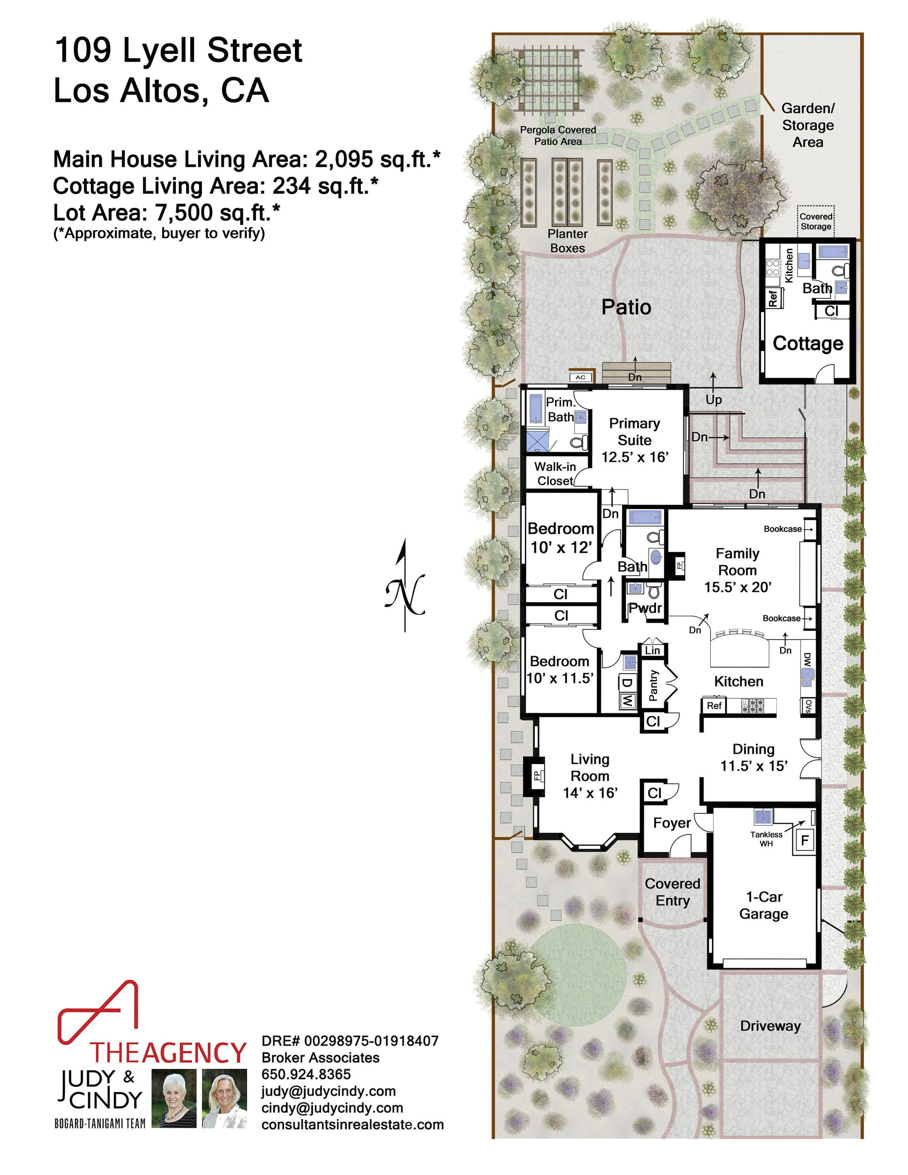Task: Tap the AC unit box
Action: pos(580,377)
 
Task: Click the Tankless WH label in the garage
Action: pos(766,839)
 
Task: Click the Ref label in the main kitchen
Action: pos(714,705)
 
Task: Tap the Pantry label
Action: pos(653,685)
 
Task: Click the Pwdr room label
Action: pos(645,608)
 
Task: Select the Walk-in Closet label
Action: pos(555,473)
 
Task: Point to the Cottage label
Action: pos(808,343)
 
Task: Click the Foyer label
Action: pos(672,823)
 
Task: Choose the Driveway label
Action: pos(770,1026)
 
